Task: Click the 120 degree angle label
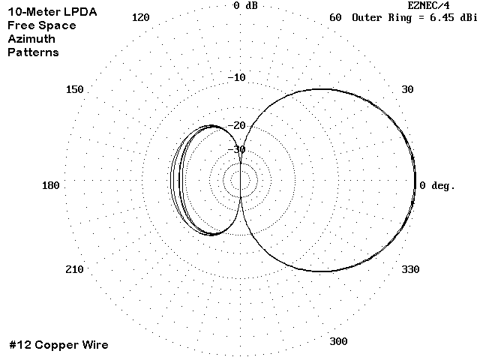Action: [x=141, y=17]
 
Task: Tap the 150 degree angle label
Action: [x=75, y=90]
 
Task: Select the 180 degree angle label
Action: [x=51, y=185]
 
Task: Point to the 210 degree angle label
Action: [x=74, y=270]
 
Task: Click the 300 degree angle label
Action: [x=338, y=341]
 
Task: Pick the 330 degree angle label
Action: [x=410, y=270]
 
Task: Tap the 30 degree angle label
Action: [x=407, y=90]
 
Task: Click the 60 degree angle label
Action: [x=335, y=17]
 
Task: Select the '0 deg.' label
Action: [x=437, y=186]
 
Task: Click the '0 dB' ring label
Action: [x=245, y=5]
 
